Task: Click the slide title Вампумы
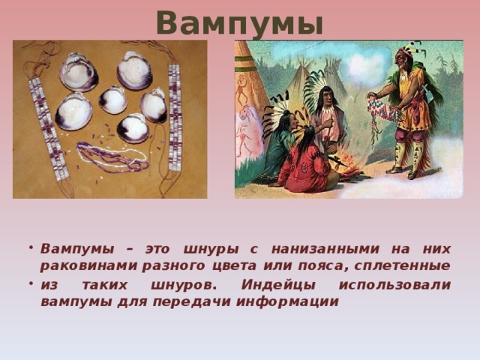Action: pos(239,23)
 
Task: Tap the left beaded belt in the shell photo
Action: pos(44,123)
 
